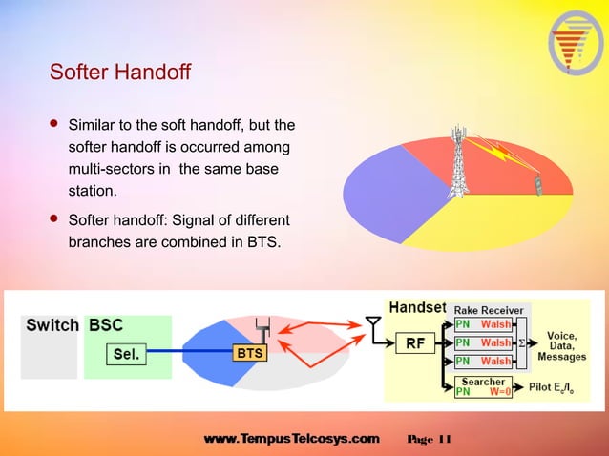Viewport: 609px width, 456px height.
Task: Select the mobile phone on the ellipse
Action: tap(538, 184)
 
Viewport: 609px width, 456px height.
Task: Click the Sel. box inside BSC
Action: tap(127, 354)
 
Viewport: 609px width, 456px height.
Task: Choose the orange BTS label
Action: tap(249, 354)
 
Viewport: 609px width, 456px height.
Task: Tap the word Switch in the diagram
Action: tap(52, 325)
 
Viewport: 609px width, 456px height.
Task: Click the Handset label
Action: tap(417, 307)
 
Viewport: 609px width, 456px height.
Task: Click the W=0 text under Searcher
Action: tap(500, 390)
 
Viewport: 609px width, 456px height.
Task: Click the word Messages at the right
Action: tap(562, 356)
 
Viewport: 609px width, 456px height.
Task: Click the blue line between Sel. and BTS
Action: tap(191, 354)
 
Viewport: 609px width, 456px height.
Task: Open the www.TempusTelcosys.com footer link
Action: tap(291, 439)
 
